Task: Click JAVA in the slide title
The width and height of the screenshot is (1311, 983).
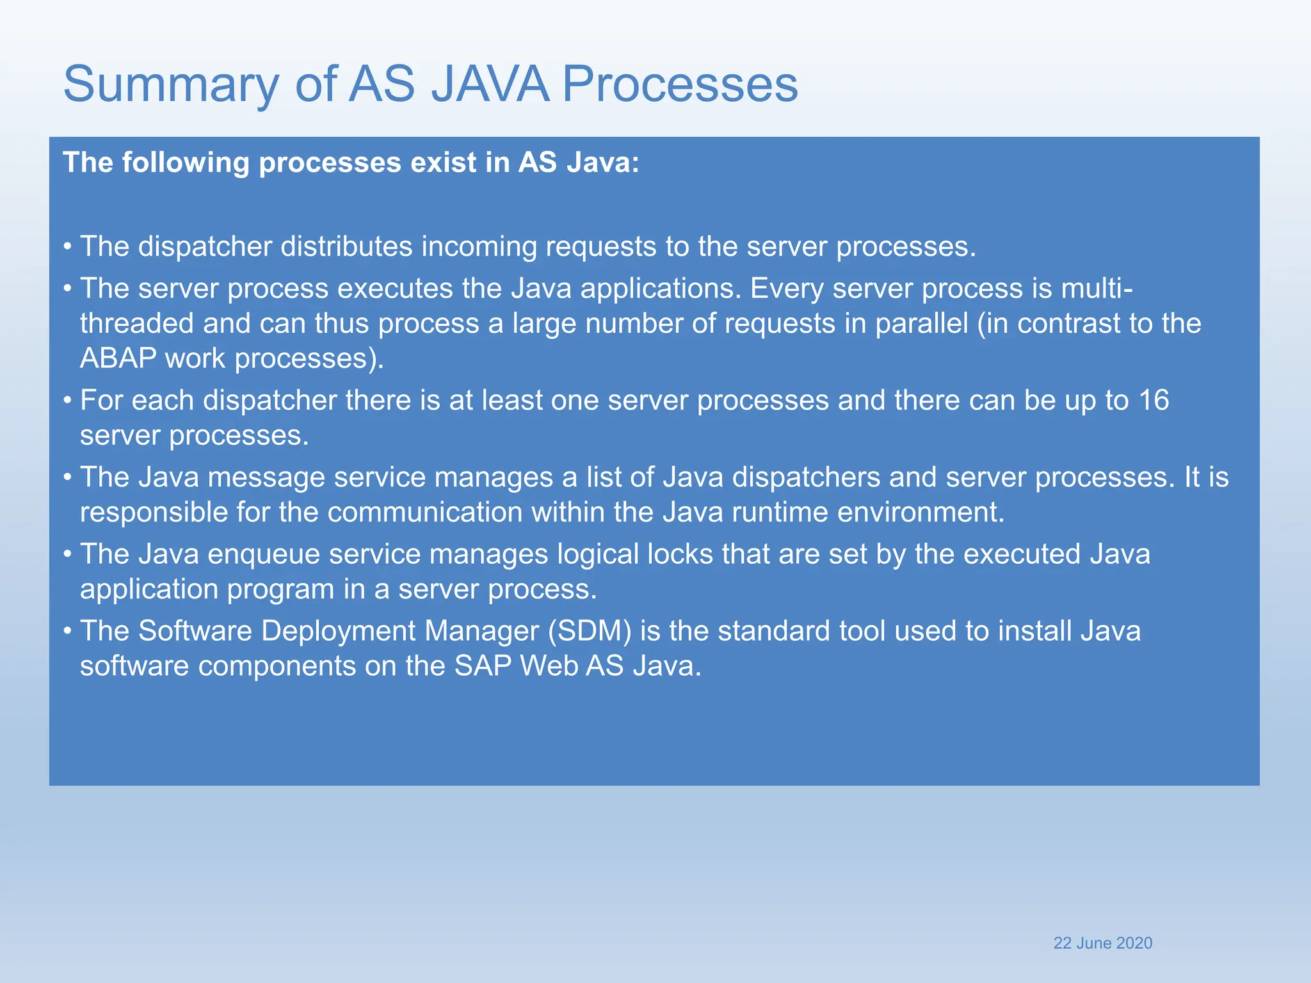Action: coord(490,84)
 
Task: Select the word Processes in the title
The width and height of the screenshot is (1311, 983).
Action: coord(680,84)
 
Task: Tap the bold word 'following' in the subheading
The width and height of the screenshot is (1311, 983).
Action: coord(186,163)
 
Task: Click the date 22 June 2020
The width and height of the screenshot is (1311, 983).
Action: coord(1102,943)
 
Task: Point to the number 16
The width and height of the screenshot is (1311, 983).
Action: coord(1154,401)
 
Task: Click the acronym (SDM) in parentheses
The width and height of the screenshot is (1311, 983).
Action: coord(590,631)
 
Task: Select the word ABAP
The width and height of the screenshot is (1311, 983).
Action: coord(118,358)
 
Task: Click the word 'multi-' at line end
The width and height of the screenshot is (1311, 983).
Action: coord(1097,289)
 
